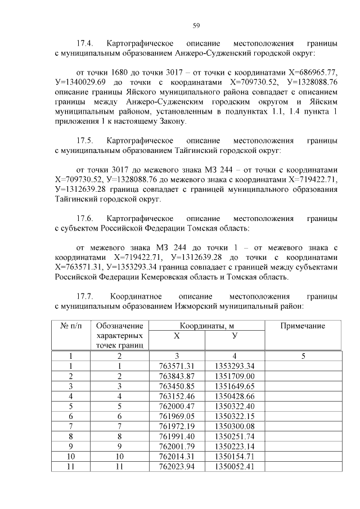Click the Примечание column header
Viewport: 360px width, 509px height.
(x=303, y=326)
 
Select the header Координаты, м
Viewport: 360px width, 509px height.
(x=208, y=326)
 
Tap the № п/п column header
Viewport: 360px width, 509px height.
(x=70, y=326)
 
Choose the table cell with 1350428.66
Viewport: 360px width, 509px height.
(x=235, y=395)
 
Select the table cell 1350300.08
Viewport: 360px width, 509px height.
(x=235, y=426)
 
